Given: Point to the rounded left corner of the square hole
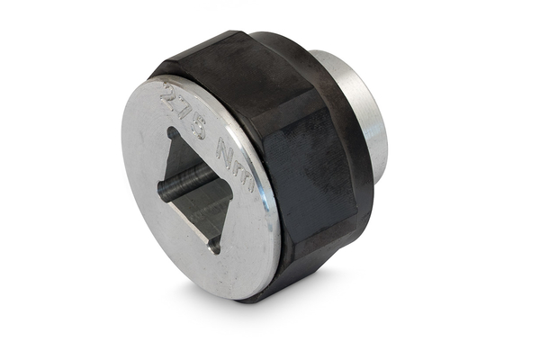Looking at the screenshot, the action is click(x=162, y=187).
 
